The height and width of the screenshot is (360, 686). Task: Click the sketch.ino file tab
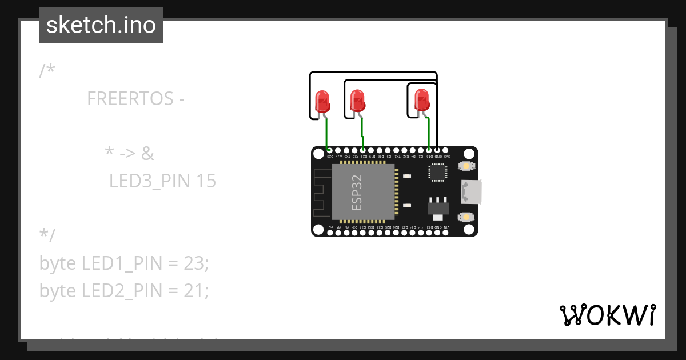tap(101, 25)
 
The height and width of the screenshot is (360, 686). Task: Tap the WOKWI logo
tap(607, 315)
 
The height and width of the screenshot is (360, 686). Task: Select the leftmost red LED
tap(322, 101)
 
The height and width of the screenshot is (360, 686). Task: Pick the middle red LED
tap(357, 101)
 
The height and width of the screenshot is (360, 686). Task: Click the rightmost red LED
tap(421, 100)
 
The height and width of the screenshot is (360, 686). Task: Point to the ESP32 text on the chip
tap(357, 193)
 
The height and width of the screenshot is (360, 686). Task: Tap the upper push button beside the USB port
tap(467, 166)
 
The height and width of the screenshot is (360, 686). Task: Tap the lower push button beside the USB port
tap(467, 217)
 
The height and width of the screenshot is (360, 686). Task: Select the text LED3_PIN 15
tap(162, 181)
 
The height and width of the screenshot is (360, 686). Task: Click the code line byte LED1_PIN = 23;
tap(124, 263)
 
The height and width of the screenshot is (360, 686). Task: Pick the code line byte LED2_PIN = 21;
tap(124, 291)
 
